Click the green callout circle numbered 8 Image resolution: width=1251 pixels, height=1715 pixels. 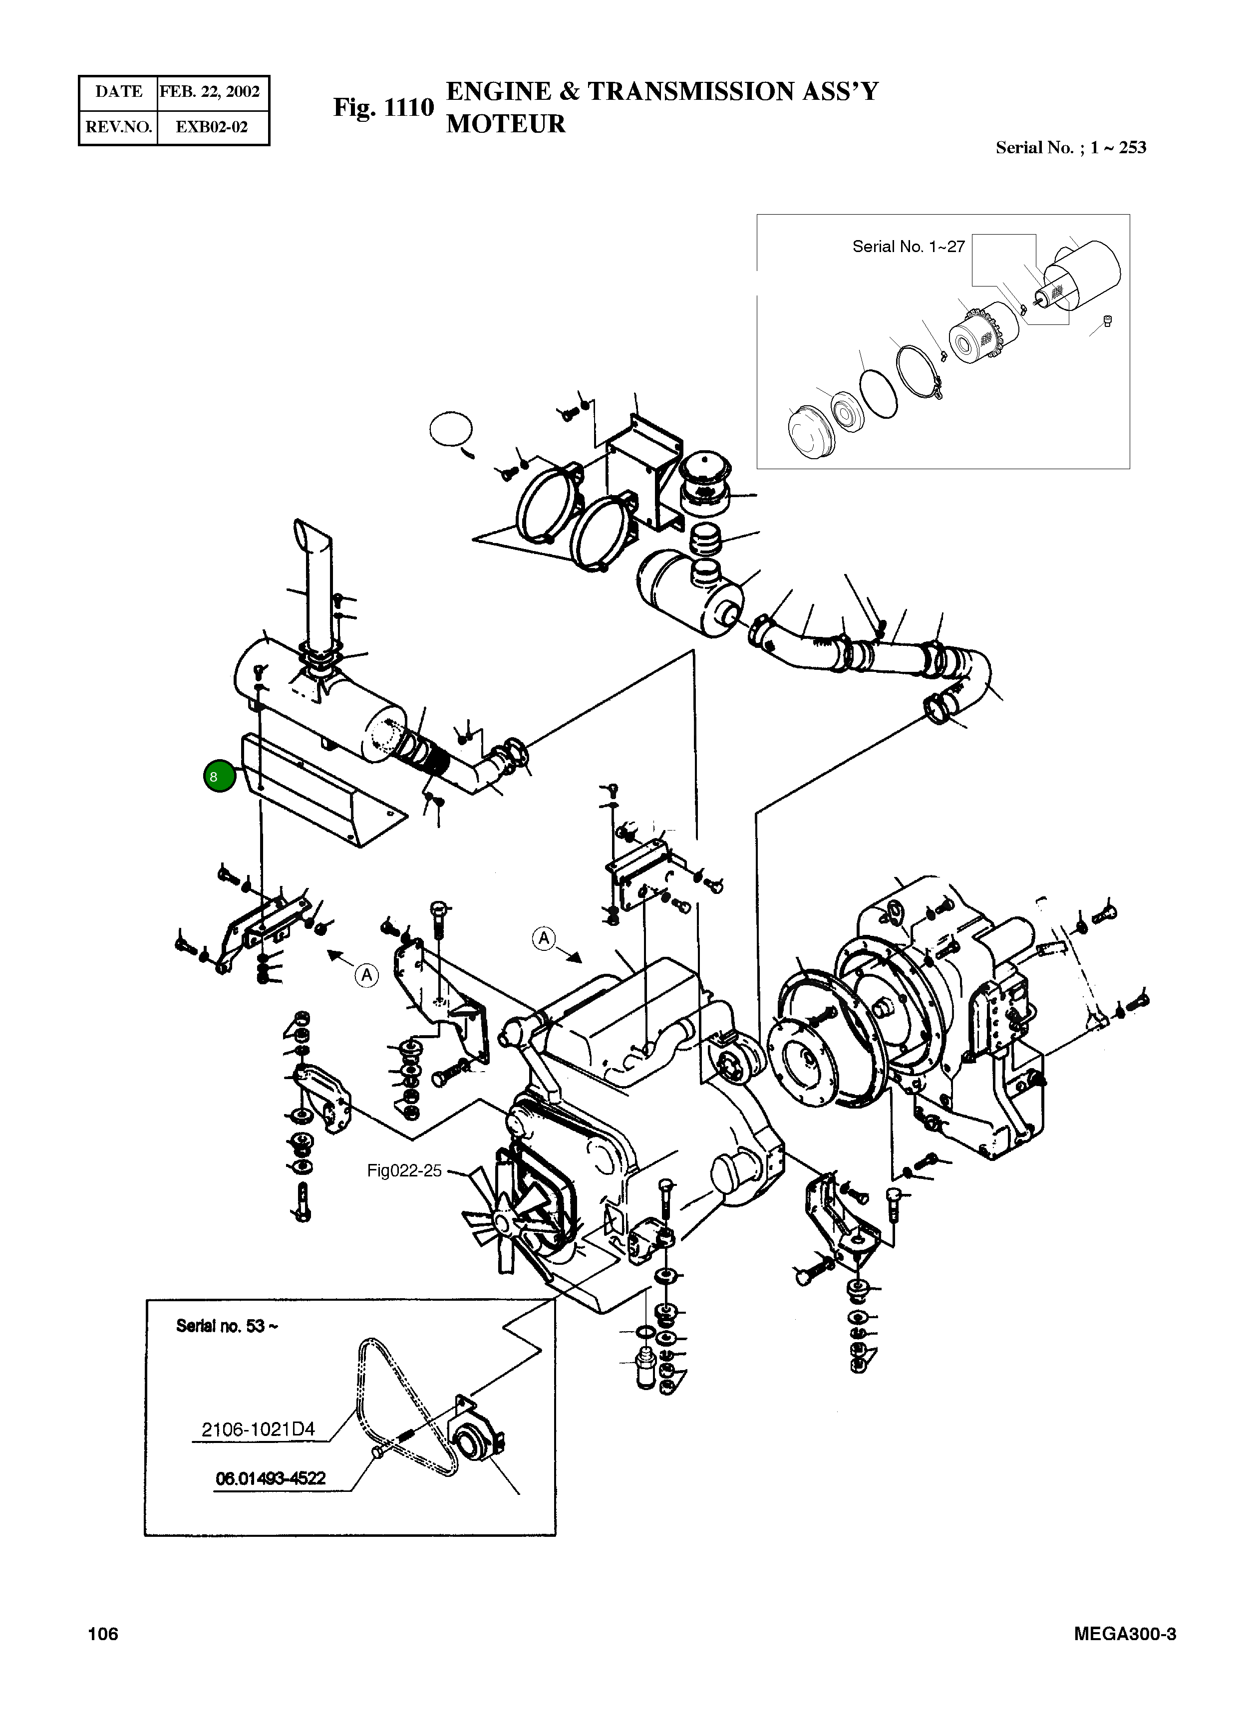tap(219, 776)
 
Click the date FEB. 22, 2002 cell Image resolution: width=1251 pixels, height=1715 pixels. tap(210, 92)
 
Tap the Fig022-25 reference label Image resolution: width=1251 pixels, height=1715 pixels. tap(404, 1170)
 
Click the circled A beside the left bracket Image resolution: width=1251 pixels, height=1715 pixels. tap(366, 975)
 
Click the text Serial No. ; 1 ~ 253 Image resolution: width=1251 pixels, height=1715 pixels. tap(1070, 148)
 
